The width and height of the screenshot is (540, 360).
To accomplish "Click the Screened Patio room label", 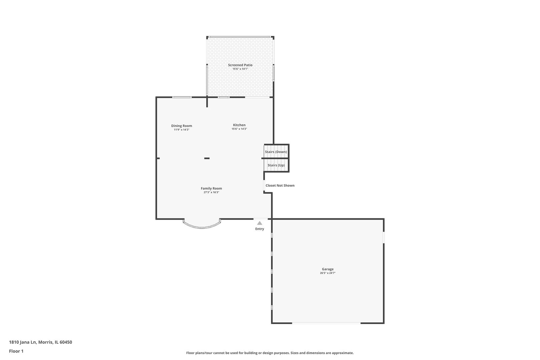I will click(x=240, y=65).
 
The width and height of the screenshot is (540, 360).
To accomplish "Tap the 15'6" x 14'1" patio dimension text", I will click(x=240, y=69).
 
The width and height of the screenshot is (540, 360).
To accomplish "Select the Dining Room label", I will click(x=182, y=126).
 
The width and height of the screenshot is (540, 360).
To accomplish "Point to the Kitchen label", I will click(x=239, y=125).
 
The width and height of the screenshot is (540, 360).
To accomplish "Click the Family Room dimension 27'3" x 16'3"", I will click(x=211, y=192).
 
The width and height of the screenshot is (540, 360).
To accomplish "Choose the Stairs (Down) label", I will click(x=276, y=152).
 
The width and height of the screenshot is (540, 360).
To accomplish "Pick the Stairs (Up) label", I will click(x=276, y=165).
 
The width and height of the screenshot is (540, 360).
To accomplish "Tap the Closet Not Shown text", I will click(x=280, y=185).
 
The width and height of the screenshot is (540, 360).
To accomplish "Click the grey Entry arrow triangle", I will click(x=260, y=223).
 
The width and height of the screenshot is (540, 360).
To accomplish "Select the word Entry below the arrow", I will click(x=260, y=229).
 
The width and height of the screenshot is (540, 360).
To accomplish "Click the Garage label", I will click(x=328, y=269).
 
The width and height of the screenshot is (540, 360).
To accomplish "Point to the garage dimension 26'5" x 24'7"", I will click(x=328, y=273).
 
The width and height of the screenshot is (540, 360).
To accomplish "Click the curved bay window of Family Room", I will click(x=202, y=227).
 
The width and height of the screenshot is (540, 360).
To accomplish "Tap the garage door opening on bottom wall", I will click(x=326, y=323).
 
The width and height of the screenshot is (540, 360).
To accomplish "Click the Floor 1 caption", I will click(x=16, y=351).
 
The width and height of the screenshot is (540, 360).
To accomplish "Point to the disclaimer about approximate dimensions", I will click(x=270, y=353).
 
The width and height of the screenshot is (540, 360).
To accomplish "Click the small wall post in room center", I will click(x=207, y=158).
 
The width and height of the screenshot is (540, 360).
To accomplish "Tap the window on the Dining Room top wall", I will click(x=182, y=97).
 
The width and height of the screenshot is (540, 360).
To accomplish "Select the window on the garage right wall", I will click(x=384, y=237).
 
